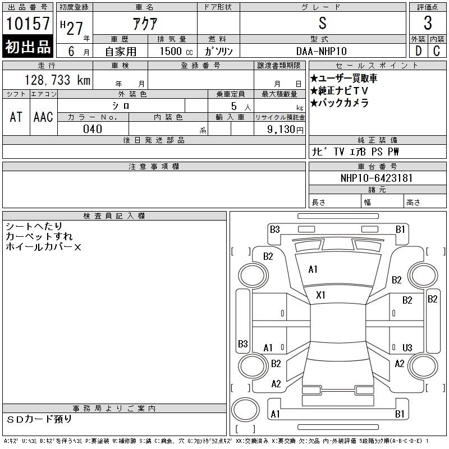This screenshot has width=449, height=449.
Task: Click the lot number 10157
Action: [28, 24]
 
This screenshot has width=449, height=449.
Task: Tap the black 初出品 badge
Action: [28, 46]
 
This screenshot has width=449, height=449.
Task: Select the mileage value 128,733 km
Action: [57, 80]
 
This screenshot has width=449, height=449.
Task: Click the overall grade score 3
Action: [428, 23]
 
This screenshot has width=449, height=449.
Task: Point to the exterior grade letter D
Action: [418, 51]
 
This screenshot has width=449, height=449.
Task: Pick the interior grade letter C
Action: [437, 51]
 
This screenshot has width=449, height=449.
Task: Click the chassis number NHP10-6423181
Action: [377, 178]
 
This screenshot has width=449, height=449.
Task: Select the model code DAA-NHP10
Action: [322, 51]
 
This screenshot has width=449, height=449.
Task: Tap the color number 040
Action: [93, 129]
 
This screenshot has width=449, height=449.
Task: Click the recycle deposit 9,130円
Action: [285, 130]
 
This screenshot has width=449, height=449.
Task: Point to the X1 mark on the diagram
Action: [320, 295]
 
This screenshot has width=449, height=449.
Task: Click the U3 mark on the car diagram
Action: [407, 347]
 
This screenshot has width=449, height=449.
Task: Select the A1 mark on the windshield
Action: [313, 269]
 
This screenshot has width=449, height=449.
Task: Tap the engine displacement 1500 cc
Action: [176, 51]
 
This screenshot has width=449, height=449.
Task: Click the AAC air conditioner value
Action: [43, 117]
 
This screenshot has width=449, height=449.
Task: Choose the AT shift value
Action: [16, 117]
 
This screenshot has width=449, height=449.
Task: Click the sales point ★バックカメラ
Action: [340, 103]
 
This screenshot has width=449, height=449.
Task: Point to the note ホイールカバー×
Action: [44, 247]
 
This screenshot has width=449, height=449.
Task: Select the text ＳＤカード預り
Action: [39, 419]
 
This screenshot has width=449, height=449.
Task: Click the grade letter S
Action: [322, 23]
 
